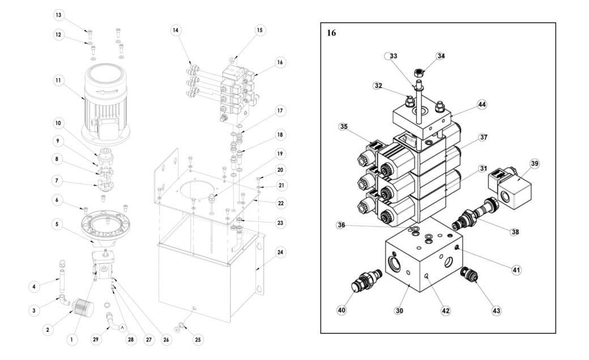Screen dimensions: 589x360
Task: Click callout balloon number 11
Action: pos(58,80)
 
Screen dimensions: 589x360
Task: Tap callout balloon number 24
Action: pos(280,252)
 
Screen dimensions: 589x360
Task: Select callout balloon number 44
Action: pos(482,105)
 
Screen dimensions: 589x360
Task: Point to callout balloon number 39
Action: pos(535,164)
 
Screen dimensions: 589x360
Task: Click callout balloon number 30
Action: pos(399,310)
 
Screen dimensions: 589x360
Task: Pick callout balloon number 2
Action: pos(48,331)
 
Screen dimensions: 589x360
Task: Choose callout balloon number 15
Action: pos(259,31)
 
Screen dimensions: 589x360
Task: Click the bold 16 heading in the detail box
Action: pos(331,33)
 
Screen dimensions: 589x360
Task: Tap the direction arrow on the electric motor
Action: pos(107,92)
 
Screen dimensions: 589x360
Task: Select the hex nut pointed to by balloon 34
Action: pos(419,72)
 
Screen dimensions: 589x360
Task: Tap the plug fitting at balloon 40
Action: pos(366,282)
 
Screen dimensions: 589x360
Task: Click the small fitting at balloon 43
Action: pos(470,275)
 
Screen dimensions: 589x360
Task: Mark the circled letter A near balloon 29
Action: pos(122,328)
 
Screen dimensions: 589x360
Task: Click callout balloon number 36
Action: pos(341,225)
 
